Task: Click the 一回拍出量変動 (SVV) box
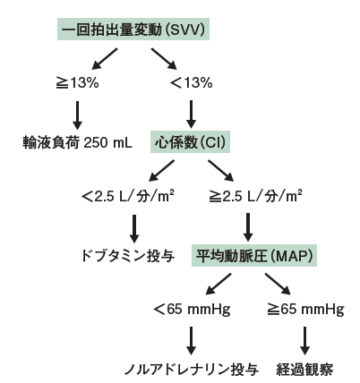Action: [x=133, y=30]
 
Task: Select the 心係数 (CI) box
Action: [x=190, y=142]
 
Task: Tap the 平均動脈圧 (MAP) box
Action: [x=254, y=255]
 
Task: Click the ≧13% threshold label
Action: [x=77, y=83]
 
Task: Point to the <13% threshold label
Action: [x=191, y=83]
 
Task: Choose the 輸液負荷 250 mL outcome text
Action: [x=77, y=142]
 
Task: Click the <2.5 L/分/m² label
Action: [x=128, y=196]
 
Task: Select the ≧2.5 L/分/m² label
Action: [x=255, y=196]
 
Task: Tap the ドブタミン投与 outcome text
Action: [x=128, y=256]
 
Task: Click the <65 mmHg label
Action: [x=192, y=310]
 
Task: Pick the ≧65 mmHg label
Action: [x=305, y=310]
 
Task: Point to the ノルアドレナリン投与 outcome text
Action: [x=192, y=370]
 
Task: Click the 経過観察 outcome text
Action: [x=304, y=370]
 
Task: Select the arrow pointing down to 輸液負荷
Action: [x=77, y=115]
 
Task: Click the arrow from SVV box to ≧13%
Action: [x=105, y=59]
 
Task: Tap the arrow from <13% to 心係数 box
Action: [x=191, y=114]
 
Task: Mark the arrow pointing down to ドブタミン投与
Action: [x=134, y=229]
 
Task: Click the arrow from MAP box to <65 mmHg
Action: [x=219, y=284]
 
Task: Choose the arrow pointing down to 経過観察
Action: [x=304, y=341]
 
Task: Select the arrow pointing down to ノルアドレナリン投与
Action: [x=191, y=341]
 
